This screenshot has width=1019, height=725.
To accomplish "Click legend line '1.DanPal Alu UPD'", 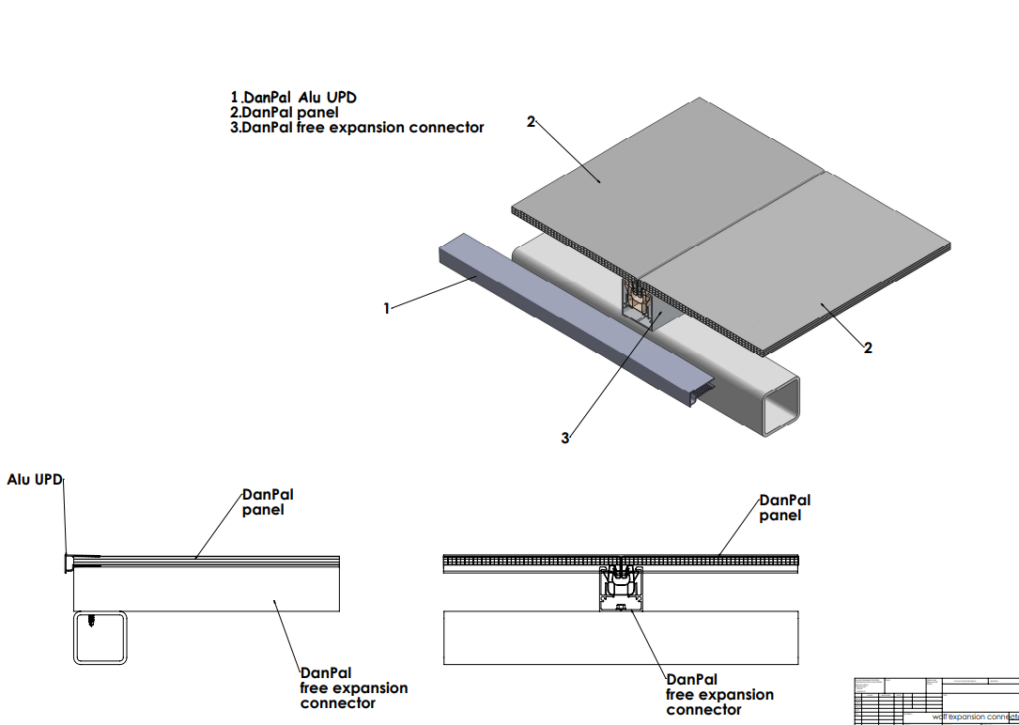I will click(294, 98).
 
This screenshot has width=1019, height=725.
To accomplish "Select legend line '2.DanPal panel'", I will click(285, 113).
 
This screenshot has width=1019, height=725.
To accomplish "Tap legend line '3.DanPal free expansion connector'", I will click(357, 128).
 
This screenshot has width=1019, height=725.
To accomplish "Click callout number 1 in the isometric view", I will click(386, 308).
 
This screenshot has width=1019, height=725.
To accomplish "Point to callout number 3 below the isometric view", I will click(565, 438).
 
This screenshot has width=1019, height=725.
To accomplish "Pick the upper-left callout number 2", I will click(531, 122).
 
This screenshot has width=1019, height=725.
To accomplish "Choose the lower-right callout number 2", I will click(868, 347).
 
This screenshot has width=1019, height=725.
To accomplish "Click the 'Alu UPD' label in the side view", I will click(35, 480).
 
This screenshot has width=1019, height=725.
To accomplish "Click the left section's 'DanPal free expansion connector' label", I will click(354, 687).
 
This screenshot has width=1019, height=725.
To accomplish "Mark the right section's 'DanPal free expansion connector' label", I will click(720, 694).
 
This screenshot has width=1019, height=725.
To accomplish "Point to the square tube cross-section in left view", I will click(100, 639).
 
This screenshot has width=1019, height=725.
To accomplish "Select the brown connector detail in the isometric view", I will click(638, 302).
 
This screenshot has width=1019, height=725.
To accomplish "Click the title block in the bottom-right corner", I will click(935, 700).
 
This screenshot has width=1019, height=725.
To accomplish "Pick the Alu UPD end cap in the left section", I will click(69, 563).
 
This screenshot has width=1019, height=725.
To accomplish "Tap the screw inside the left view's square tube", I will click(91, 621).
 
